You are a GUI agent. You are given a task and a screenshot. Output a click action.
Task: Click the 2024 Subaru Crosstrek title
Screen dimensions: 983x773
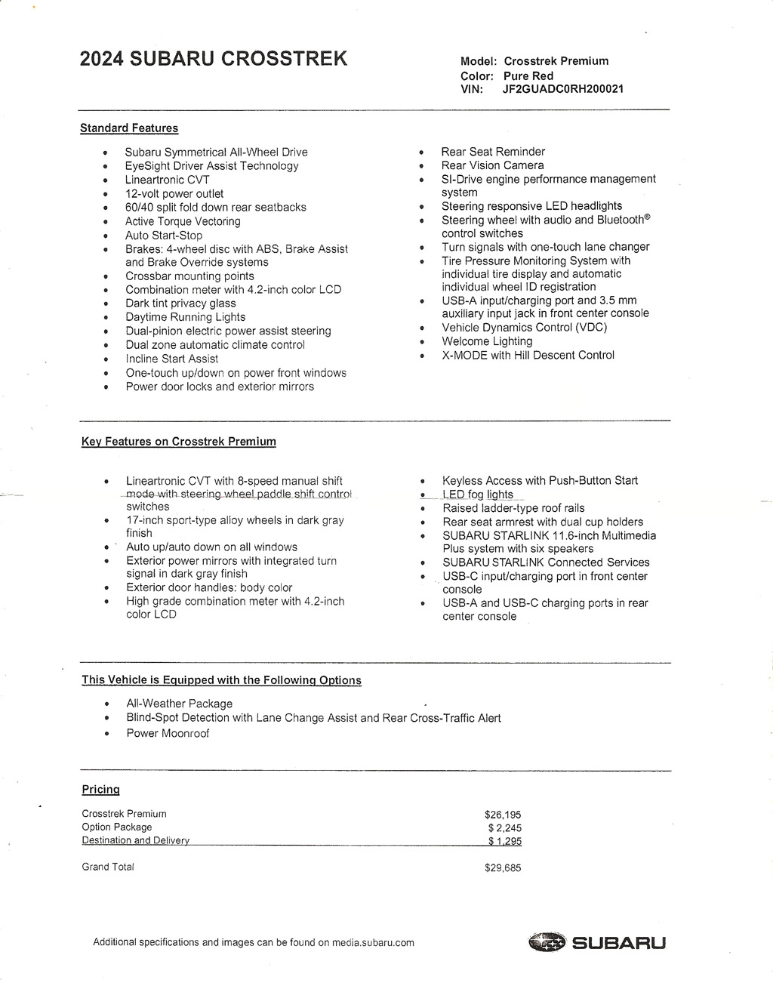[x=214, y=59]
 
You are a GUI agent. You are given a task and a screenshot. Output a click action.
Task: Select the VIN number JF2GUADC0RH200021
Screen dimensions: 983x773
[x=563, y=89]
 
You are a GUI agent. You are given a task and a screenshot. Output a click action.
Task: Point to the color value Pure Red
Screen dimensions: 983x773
[x=528, y=75]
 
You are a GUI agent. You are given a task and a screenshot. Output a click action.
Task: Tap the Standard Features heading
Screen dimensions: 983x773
[x=129, y=128]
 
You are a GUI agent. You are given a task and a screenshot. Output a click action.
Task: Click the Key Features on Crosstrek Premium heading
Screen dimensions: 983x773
[x=179, y=442]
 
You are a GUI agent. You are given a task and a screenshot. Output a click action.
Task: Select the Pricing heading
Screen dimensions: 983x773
[x=101, y=790]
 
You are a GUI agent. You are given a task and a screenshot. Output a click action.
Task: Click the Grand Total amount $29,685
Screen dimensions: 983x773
[x=503, y=868]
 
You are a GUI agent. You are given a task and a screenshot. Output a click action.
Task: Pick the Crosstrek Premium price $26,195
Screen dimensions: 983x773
[x=503, y=815]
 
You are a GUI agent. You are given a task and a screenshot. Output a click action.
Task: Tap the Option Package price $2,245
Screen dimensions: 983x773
[x=504, y=828]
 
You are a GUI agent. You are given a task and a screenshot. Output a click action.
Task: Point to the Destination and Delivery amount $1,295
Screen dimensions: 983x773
[x=504, y=841]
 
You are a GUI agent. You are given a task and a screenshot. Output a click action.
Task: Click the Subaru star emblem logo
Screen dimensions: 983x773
[x=547, y=942]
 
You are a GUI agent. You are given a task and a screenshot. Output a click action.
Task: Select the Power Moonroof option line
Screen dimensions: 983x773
[x=168, y=733]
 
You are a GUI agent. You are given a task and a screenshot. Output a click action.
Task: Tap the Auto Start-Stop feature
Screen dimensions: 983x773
[x=164, y=236]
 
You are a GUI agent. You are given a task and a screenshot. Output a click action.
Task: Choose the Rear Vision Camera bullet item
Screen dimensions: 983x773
[x=492, y=165]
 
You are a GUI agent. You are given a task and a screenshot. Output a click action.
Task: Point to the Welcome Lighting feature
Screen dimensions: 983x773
[x=487, y=341]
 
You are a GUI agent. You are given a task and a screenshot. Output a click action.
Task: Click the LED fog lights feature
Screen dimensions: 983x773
[x=478, y=495]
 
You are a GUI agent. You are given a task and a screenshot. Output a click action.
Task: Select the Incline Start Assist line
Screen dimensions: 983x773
[x=172, y=359]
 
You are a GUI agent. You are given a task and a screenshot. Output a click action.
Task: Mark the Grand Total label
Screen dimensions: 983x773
[x=108, y=867]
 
